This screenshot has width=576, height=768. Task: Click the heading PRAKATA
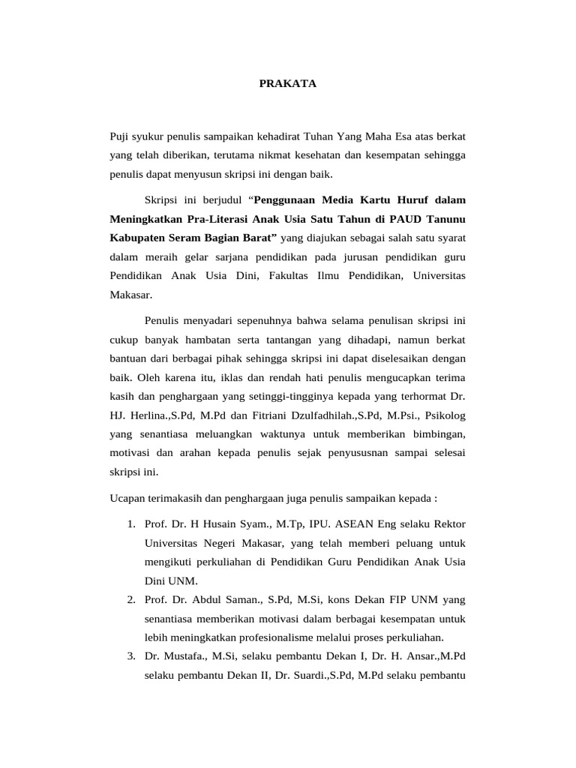click(287, 84)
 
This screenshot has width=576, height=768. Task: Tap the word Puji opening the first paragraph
click(120, 137)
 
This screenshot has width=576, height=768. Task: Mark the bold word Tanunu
click(443, 219)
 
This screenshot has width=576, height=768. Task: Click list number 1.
click(130, 523)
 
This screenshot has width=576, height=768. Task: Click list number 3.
click(130, 656)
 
